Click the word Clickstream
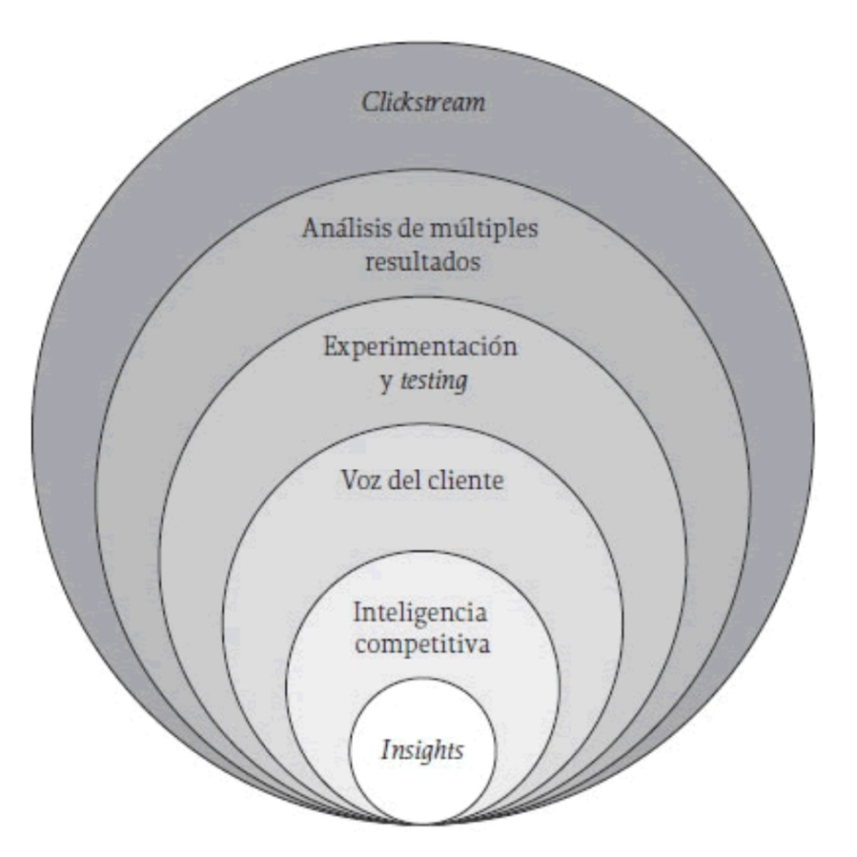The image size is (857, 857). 424,103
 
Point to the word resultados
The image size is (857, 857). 423,261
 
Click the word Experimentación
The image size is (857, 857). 420,346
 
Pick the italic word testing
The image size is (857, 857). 434,380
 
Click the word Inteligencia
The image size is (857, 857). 420,612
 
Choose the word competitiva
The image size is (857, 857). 422,644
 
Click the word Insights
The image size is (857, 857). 422,751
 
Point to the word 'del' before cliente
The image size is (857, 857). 404,480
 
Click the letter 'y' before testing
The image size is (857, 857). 386,382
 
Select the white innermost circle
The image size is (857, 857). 422,751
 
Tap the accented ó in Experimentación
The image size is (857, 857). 497,345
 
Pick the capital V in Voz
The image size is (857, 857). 350,481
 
